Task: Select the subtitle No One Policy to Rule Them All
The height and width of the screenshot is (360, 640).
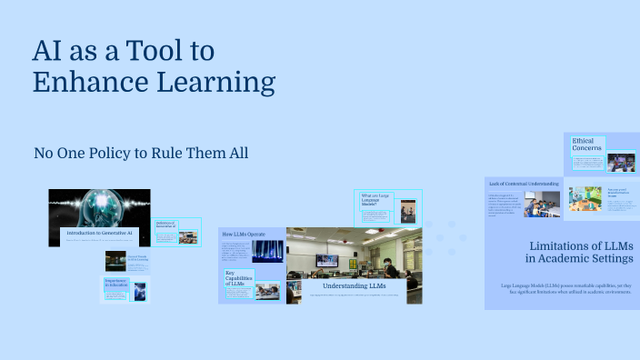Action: pos(141,153)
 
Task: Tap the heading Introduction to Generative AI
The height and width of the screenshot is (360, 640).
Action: pos(100,234)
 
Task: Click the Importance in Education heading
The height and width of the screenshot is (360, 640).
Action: pos(115,284)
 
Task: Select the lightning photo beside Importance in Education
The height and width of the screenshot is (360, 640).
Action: pos(139,291)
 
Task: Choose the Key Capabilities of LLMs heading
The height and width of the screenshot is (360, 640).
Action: pos(237,279)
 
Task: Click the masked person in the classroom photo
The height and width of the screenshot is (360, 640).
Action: pos(386,268)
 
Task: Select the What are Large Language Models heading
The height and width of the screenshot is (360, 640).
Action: pos(377,200)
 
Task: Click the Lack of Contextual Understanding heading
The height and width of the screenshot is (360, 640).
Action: pos(523,184)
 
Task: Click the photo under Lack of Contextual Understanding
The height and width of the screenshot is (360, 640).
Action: pos(542,204)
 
